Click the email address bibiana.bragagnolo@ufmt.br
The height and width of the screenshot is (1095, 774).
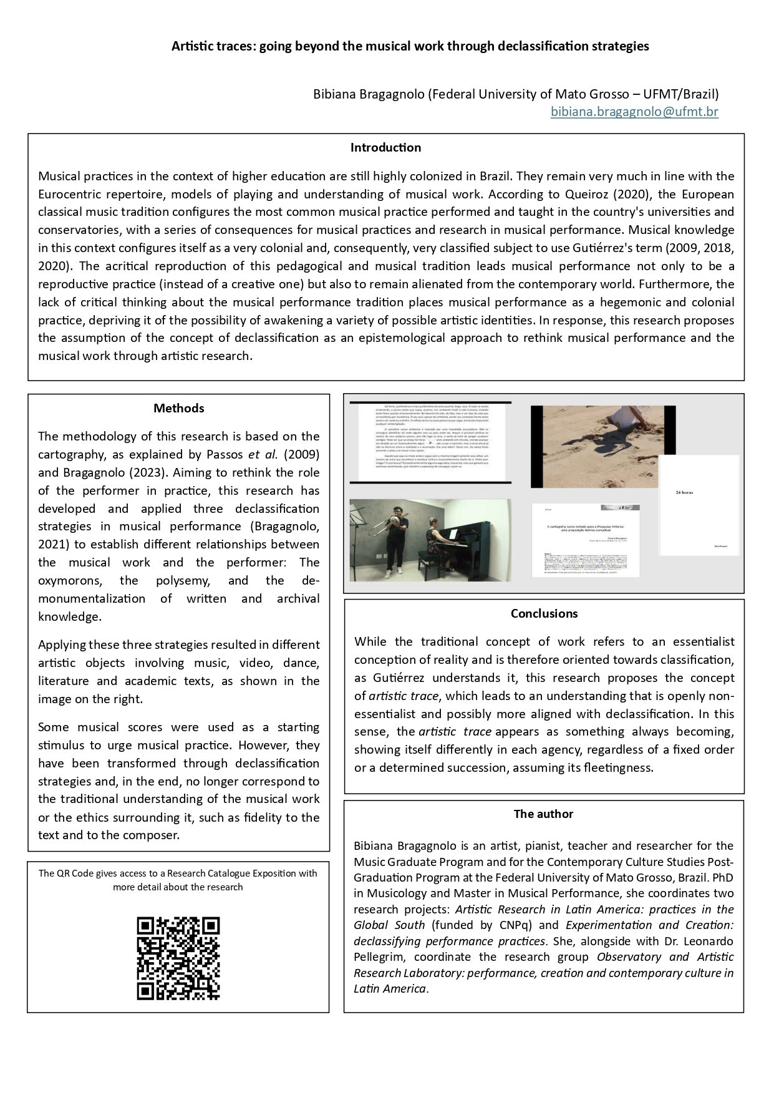pos(634,112)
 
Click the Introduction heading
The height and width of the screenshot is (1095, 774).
pos(385,148)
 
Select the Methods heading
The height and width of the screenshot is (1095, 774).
pos(178,408)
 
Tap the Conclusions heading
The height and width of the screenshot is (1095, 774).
pos(544,613)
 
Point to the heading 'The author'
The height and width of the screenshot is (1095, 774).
pos(543,814)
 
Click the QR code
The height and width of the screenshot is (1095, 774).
pos(178,958)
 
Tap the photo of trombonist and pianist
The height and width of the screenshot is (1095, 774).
pos(430,540)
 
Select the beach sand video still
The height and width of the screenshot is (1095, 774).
pos(602,446)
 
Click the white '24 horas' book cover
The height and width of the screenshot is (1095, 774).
pos(699,505)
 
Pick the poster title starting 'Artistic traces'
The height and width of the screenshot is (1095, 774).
pos(410,46)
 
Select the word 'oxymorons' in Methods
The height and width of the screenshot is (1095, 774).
pos(69,580)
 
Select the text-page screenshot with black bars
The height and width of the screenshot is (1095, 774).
pos(430,442)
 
